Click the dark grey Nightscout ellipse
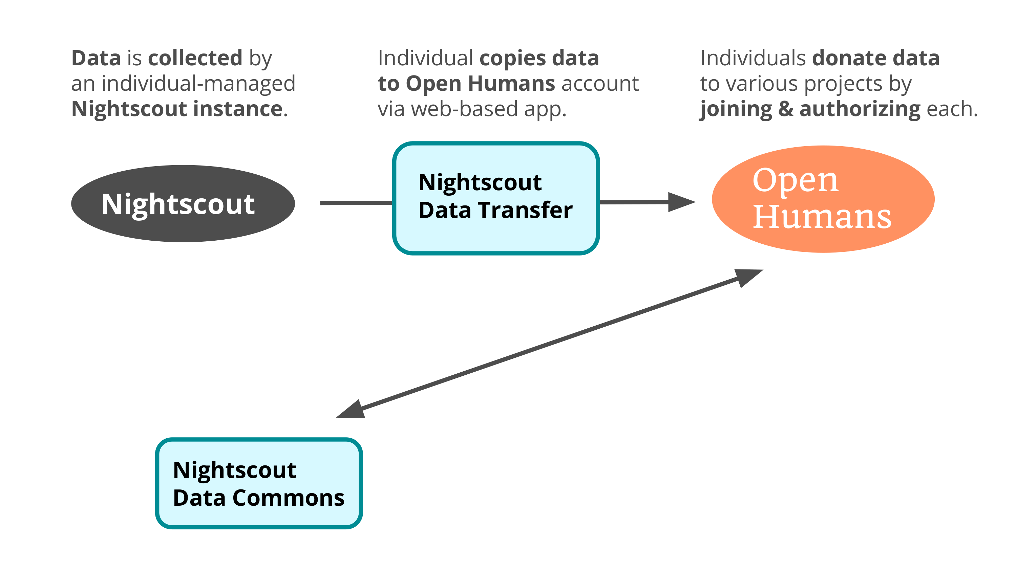click(x=183, y=203)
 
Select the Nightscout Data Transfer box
click(x=496, y=198)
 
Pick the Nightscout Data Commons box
click(x=259, y=483)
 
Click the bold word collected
click(x=195, y=58)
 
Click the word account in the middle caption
click(x=600, y=84)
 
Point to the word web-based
click(x=464, y=109)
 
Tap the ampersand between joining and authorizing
click(x=786, y=109)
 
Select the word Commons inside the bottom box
click(x=288, y=498)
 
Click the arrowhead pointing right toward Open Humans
click(x=681, y=202)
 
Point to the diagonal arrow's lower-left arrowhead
click(x=351, y=410)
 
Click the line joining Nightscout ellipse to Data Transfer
click(x=356, y=203)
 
